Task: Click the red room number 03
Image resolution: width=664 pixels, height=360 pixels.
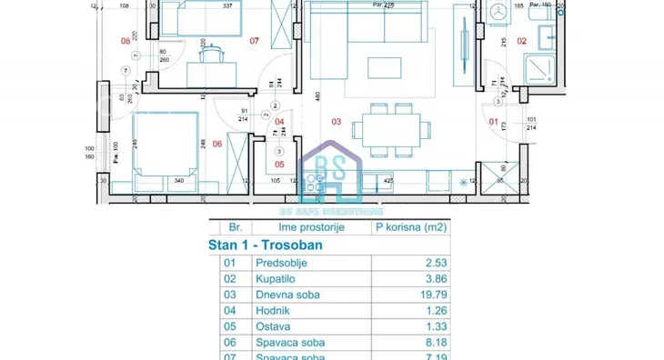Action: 336,121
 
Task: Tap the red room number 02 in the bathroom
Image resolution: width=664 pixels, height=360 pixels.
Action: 521,40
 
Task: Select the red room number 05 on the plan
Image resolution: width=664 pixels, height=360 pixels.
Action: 280,165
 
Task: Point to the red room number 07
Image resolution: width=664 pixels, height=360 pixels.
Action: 255,41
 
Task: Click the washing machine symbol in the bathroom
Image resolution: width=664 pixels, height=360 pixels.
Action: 497,13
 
